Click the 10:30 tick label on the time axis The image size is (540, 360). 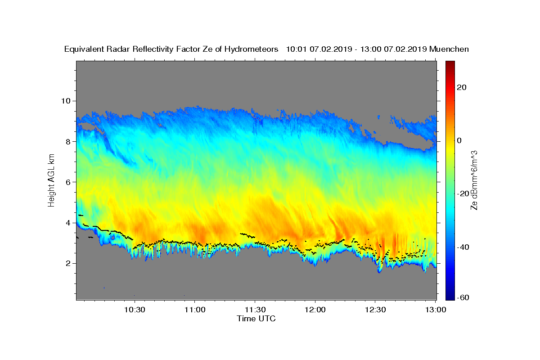(134, 310)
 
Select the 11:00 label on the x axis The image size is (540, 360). (194, 310)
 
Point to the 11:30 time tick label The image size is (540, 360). (255, 310)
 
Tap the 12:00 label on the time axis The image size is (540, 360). (315, 310)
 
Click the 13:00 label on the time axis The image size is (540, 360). (435, 310)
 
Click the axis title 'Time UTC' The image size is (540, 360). (256, 319)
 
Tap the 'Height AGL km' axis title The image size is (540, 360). (52, 180)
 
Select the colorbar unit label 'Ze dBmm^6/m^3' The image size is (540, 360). (474, 180)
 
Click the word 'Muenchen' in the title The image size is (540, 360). (449, 49)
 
